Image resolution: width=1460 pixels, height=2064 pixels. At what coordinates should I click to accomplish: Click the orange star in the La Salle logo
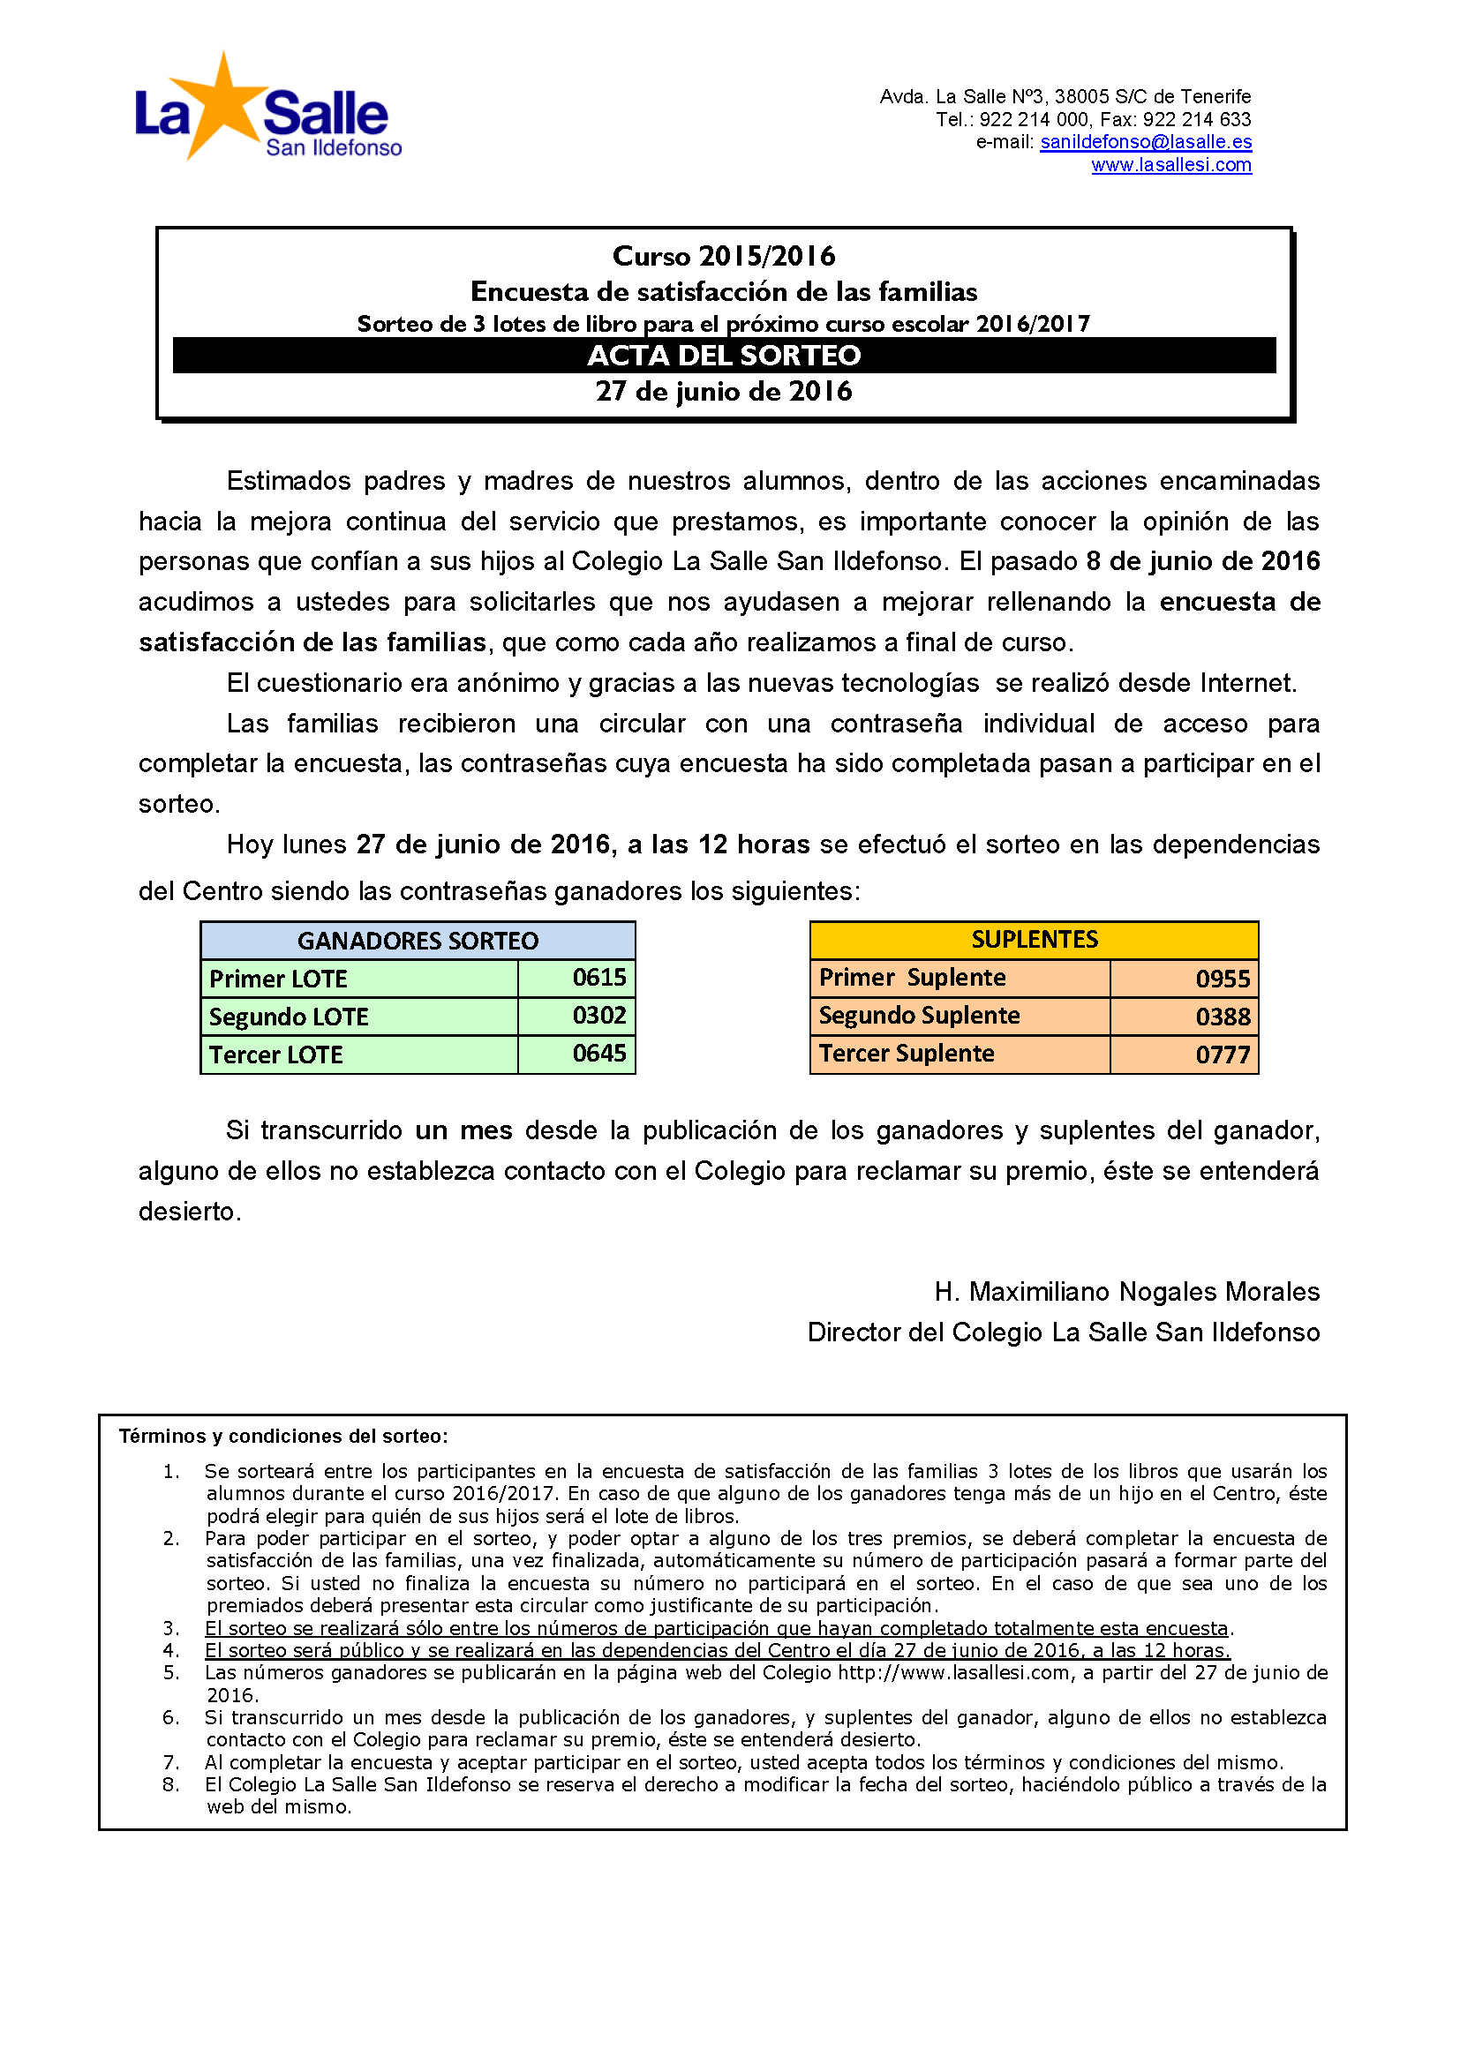(x=221, y=106)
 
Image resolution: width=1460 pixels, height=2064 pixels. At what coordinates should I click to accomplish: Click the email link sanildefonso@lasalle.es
(x=1146, y=142)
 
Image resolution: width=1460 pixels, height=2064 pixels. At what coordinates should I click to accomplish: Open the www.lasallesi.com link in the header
(x=1170, y=165)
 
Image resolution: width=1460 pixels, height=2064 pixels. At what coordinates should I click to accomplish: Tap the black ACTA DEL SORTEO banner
(x=724, y=356)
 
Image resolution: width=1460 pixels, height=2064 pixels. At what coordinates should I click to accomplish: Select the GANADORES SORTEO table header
(x=418, y=941)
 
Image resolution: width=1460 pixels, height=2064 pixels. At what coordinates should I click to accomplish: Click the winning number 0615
(x=598, y=978)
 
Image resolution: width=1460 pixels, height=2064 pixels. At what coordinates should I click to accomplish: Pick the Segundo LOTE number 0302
(x=598, y=1016)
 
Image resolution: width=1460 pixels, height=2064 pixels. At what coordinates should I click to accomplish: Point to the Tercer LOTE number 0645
(x=598, y=1054)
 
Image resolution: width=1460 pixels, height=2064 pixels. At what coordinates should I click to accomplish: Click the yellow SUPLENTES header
(x=1034, y=940)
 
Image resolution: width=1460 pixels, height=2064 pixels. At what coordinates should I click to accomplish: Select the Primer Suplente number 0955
(x=1223, y=979)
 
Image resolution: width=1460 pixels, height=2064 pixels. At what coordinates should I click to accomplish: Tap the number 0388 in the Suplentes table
(x=1223, y=1017)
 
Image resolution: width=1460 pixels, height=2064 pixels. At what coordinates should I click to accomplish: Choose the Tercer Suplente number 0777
(x=1223, y=1055)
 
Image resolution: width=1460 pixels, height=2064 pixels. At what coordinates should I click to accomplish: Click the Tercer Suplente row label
(x=907, y=1054)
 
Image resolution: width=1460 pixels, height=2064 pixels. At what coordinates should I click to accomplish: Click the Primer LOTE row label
(x=279, y=979)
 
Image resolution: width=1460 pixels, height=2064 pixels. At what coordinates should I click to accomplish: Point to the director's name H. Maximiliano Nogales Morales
(x=1126, y=1292)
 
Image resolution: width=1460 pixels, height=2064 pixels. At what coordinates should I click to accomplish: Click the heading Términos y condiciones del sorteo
(x=283, y=1436)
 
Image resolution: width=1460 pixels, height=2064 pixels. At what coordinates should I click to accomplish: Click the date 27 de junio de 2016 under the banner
(x=724, y=392)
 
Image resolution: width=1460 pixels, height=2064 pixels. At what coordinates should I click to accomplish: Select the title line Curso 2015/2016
(x=724, y=256)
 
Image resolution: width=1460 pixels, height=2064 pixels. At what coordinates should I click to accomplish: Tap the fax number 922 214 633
(x=1197, y=119)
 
